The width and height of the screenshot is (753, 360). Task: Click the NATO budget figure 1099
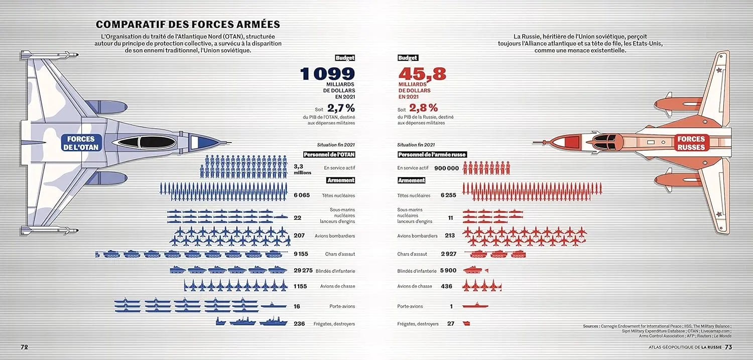[x=327, y=74]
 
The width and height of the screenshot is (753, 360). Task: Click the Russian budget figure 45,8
[x=422, y=74]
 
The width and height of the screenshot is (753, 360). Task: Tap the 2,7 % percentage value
[x=341, y=108]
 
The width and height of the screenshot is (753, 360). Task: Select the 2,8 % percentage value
[x=423, y=108]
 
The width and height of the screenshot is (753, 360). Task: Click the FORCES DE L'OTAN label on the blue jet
[x=81, y=143]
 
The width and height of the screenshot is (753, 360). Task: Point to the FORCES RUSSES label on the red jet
[x=691, y=143]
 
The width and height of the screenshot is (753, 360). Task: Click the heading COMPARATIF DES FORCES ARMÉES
[x=188, y=25]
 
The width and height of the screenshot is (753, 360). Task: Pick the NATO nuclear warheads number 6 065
[x=303, y=195]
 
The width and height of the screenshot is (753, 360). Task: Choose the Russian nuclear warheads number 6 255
[x=448, y=195]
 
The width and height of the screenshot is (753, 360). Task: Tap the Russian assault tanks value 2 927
[x=448, y=254]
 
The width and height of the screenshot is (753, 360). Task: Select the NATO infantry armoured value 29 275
[x=303, y=271]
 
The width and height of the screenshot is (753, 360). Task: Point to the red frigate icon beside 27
[x=466, y=324]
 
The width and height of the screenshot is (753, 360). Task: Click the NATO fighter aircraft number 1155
[x=303, y=286]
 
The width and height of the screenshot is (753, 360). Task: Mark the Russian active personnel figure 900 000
[x=446, y=168]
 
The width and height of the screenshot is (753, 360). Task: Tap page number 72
[x=24, y=347]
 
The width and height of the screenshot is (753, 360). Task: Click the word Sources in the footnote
[x=590, y=326]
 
